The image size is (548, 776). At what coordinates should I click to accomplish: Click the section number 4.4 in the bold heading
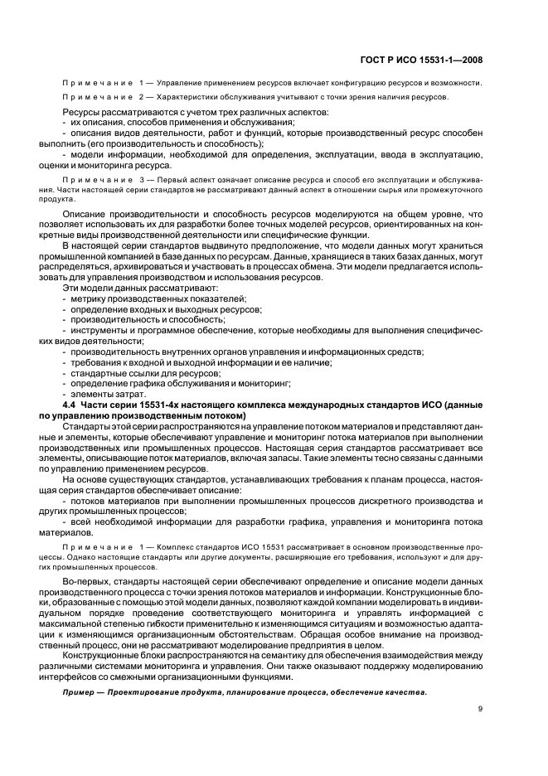pyautogui.click(x=71, y=404)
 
